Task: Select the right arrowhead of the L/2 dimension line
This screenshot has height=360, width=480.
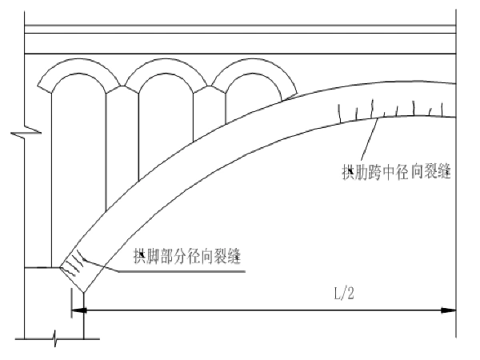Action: click(x=451, y=309)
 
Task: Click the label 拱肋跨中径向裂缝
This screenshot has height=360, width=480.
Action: click(x=395, y=172)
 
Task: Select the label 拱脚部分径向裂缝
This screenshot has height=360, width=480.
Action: click(x=188, y=256)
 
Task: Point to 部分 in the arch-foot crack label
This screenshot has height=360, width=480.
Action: click(x=174, y=256)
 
